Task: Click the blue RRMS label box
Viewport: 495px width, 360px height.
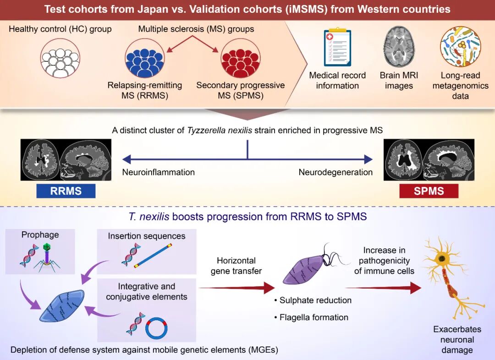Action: click(x=66, y=191)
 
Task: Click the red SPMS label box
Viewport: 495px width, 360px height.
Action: click(x=429, y=191)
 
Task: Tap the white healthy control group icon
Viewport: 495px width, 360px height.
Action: click(x=60, y=59)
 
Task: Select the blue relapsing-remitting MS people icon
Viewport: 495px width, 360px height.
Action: click(x=144, y=58)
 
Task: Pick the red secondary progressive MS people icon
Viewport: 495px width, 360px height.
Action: click(x=241, y=58)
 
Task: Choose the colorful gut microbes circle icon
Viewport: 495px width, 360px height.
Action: click(x=461, y=46)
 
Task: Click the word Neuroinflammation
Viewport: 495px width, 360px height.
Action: click(x=159, y=172)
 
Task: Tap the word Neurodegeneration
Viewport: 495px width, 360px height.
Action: click(x=335, y=172)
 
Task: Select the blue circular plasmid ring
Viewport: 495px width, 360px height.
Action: click(x=156, y=328)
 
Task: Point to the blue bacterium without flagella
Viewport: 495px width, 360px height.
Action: click(x=62, y=306)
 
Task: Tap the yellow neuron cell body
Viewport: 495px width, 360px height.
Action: click(x=442, y=259)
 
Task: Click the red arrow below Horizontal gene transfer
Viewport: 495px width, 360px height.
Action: click(x=237, y=288)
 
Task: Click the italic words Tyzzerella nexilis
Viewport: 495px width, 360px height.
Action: click(x=220, y=131)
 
